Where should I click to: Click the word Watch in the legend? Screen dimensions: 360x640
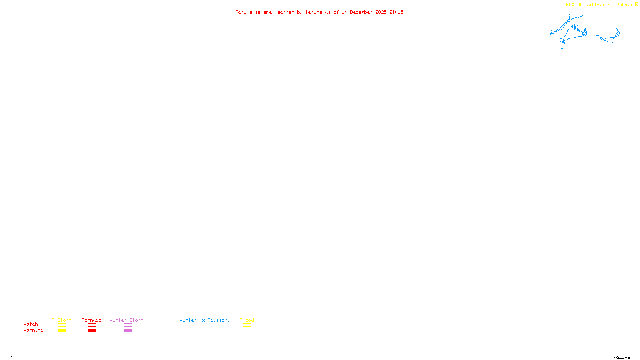31,324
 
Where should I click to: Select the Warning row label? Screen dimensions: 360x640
34,330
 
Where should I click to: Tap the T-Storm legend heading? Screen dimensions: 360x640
62,320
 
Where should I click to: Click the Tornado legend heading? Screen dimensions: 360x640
92,320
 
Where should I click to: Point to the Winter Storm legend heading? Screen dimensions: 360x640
126,320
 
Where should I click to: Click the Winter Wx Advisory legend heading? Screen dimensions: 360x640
205,320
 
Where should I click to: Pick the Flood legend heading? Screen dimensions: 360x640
247,320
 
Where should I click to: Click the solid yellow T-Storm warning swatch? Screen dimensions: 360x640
62,331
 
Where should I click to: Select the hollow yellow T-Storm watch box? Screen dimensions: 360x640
62,325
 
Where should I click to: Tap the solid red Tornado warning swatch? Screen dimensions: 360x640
92,331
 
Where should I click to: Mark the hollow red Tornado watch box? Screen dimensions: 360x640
92,325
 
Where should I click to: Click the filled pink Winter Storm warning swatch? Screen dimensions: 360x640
128,331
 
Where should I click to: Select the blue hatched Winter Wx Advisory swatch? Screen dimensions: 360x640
204,331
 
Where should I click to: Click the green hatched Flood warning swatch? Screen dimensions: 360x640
247,331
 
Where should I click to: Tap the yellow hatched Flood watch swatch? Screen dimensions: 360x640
247,325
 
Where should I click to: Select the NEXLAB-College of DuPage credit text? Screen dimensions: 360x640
600,5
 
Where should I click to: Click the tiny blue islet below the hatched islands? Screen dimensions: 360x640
562,48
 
